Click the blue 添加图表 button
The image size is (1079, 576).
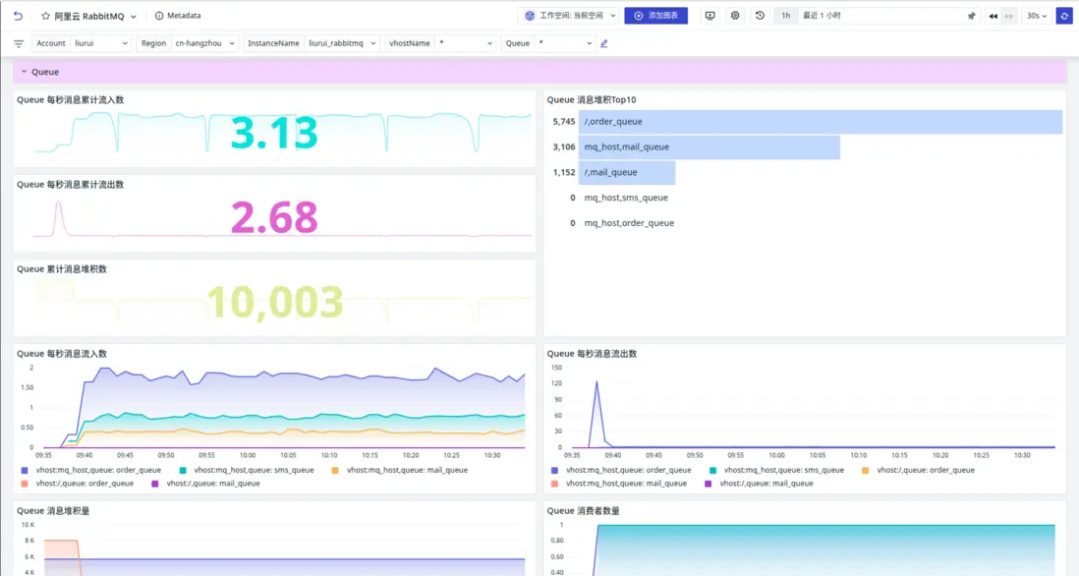pos(655,16)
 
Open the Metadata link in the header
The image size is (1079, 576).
pos(178,16)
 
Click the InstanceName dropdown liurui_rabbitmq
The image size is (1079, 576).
pos(341,43)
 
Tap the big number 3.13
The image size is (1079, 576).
pos(274,134)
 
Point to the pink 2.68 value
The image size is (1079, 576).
pos(274,218)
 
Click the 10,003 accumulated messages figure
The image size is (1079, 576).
pos(274,303)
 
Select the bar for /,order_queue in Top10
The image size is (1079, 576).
pos(820,122)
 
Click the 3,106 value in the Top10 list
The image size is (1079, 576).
pos(564,147)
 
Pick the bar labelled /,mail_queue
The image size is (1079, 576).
pos(626,173)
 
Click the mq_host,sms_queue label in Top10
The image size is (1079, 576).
pos(626,198)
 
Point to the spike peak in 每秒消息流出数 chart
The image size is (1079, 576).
pos(596,382)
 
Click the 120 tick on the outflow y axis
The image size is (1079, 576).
pos(556,383)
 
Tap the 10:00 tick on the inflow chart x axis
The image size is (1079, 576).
pos(248,455)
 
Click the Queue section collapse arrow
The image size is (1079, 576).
pos(24,72)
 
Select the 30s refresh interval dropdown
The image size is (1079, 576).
pos(1036,16)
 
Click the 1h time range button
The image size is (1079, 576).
pos(785,16)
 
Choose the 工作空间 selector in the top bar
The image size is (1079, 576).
pos(570,16)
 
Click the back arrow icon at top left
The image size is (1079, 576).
pos(18,16)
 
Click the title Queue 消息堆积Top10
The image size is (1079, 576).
pos(591,99)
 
